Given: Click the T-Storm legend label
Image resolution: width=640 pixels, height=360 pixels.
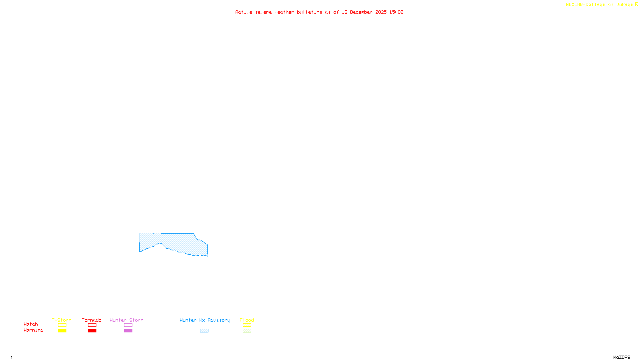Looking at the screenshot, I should point(62,320).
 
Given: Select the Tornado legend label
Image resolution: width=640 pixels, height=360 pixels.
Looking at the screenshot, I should point(92,320).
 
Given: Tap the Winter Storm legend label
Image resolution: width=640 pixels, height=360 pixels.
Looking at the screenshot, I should point(126,320).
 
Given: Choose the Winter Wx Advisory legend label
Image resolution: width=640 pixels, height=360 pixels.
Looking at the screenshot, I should point(205,320).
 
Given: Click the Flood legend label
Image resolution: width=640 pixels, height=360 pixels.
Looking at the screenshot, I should point(247,320).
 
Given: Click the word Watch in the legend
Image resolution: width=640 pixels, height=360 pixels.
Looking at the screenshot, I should point(31,324).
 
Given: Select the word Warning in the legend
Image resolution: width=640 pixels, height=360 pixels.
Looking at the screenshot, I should point(34,330).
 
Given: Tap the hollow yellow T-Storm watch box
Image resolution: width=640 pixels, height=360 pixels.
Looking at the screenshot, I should point(62,325).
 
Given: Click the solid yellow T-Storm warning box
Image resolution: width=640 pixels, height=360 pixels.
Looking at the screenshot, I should point(62,331).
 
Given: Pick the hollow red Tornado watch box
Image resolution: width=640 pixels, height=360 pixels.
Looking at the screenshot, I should point(92,325).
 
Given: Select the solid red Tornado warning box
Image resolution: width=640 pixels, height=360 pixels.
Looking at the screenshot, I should point(92,331).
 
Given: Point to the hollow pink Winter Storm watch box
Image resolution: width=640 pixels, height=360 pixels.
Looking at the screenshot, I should point(128,325).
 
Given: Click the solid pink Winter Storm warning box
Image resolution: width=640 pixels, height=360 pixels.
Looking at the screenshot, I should point(128,331).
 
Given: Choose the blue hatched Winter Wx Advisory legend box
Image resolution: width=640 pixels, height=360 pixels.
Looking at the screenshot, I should point(204,331).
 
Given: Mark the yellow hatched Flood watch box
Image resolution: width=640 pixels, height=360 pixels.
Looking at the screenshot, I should point(247,325).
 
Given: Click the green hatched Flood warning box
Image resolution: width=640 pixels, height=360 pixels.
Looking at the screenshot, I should point(247,331).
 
